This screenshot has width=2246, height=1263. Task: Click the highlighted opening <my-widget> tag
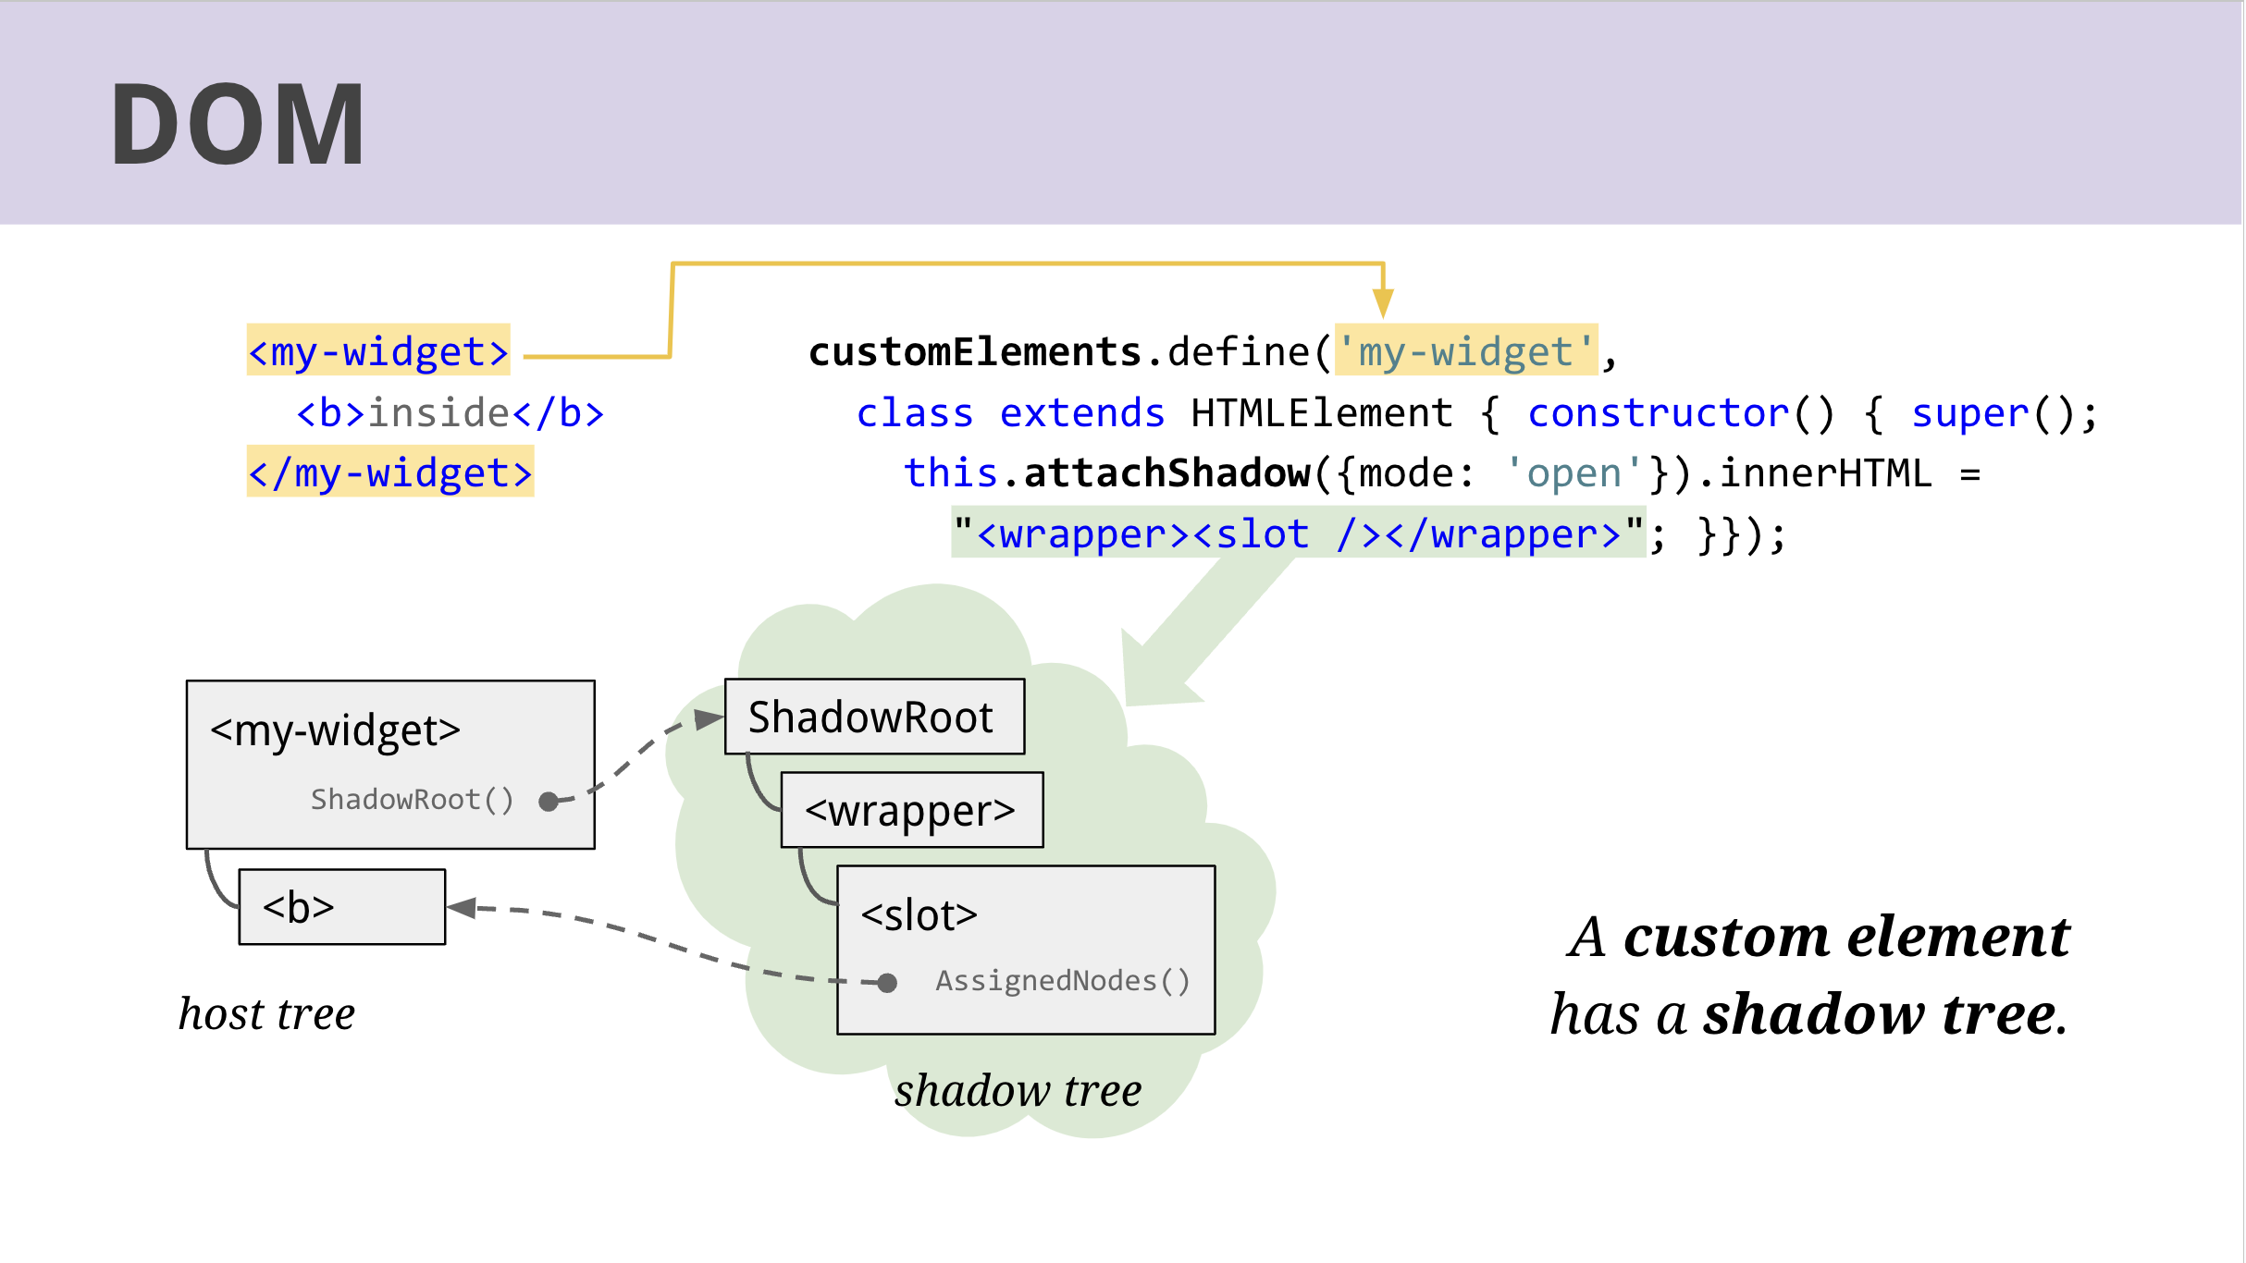[x=378, y=351]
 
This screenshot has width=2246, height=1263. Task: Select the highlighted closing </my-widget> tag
[x=390, y=472]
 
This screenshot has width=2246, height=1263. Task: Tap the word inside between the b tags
[x=439, y=412]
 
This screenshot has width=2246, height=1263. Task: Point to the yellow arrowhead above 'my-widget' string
[x=1383, y=301]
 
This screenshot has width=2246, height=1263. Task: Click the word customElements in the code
[x=975, y=352]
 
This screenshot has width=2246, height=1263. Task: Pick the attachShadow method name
[x=1166, y=473]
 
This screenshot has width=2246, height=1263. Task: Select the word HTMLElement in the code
[x=1321, y=413]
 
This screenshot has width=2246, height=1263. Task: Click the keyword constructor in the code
[x=1658, y=413]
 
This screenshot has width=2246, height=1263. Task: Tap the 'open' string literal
[x=1573, y=473]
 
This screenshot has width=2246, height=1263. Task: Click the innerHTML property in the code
[x=1825, y=473]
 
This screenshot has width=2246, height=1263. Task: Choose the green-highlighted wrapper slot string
[x=1298, y=533]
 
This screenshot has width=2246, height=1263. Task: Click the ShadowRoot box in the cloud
[x=874, y=717]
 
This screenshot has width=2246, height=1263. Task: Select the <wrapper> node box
[x=911, y=811]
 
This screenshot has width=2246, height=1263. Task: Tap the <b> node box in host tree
[x=341, y=907]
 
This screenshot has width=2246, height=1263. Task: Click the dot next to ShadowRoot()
[x=549, y=801]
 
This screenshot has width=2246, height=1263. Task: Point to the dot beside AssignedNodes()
[x=887, y=982]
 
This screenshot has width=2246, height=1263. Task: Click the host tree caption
[x=266, y=1013]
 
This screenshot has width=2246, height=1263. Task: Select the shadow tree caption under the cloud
[x=1018, y=1091]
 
